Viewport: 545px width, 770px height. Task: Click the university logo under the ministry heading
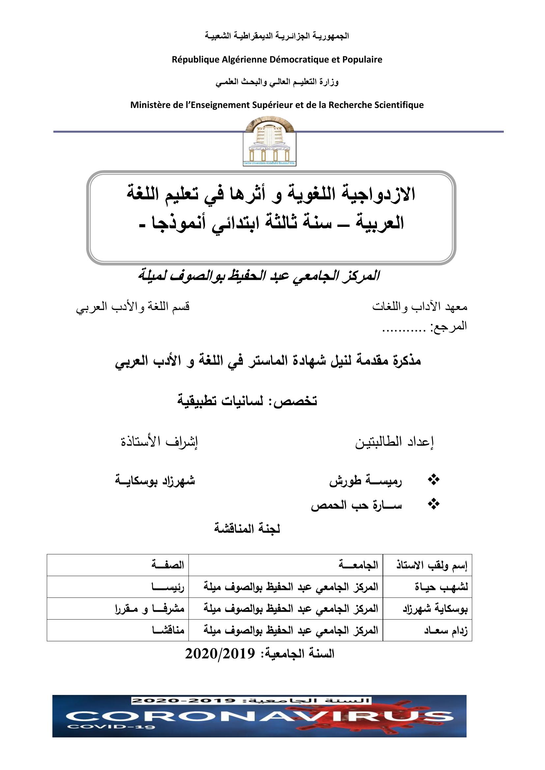(270, 143)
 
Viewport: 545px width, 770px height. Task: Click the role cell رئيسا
(167, 587)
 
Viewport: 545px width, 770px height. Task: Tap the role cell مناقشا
(167, 630)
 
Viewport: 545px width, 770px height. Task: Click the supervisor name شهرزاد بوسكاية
(155, 480)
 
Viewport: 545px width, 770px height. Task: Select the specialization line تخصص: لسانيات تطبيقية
(247, 401)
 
